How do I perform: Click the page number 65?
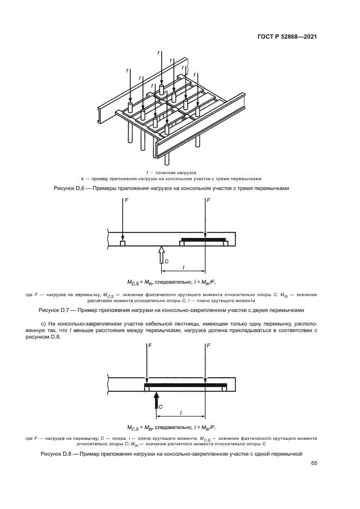click(x=314, y=464)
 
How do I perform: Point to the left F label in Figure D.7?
click(x=127, y=201)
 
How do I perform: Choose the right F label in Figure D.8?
click(x=209, y=346)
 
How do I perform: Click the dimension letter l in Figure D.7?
click(x=184, y=267)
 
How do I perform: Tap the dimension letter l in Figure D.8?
click(x=181, y=413)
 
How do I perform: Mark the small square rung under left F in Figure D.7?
click(x=123, y=243)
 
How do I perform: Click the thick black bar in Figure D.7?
click(x=203, y=239)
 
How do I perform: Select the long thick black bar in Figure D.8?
click(x=185, y=384)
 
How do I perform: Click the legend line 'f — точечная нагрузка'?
click(x=180, y=172)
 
